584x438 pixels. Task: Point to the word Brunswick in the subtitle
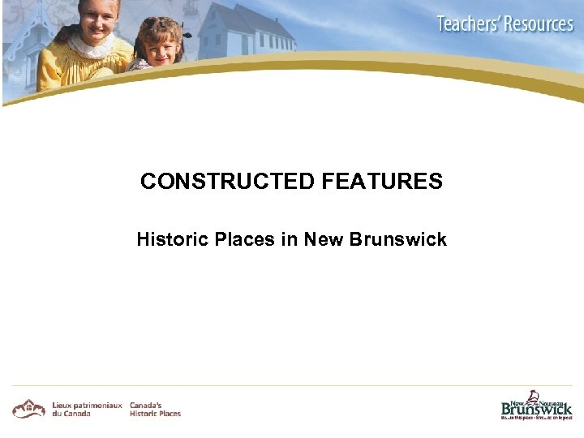(398, 240)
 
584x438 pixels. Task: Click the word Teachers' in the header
(468, 24)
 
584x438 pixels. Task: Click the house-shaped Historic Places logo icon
(28, 408)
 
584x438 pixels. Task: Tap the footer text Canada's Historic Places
(155, 409)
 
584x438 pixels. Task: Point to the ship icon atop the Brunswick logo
(534, 396)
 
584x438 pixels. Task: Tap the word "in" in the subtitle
(289, 240)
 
